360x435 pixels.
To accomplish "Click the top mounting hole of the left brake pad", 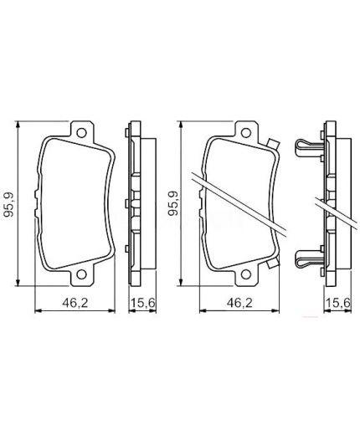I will click(x=80, y=133).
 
